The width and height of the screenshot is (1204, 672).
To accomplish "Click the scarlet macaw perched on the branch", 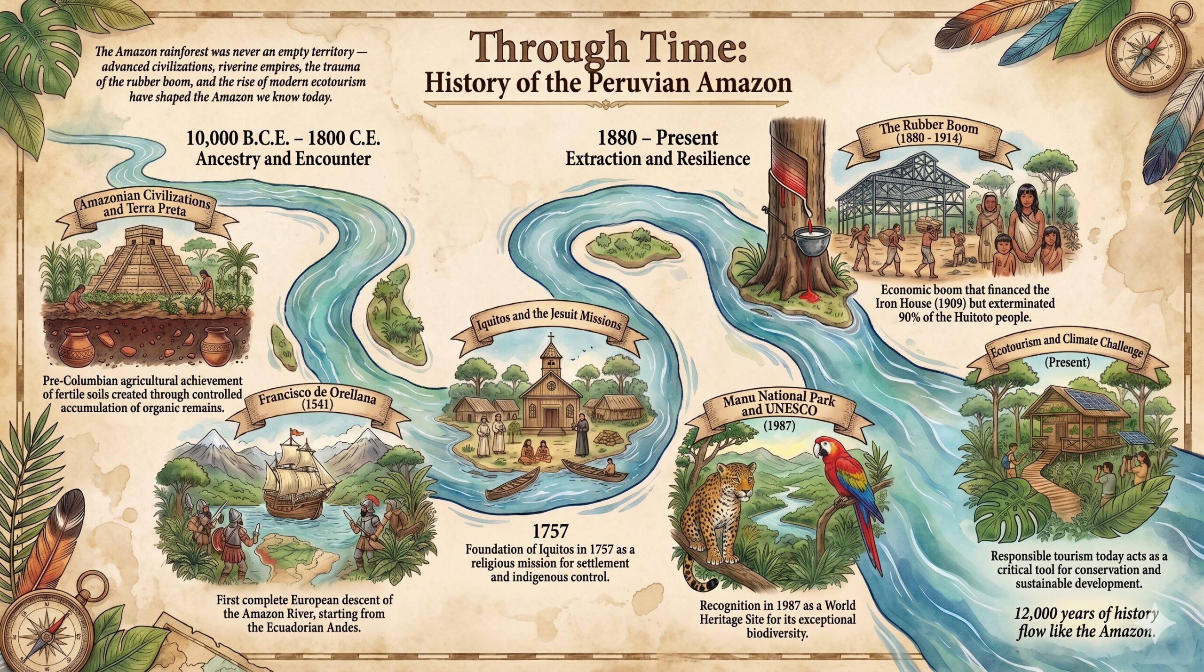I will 842,475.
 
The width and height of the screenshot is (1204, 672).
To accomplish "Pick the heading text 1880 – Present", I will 657,138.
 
